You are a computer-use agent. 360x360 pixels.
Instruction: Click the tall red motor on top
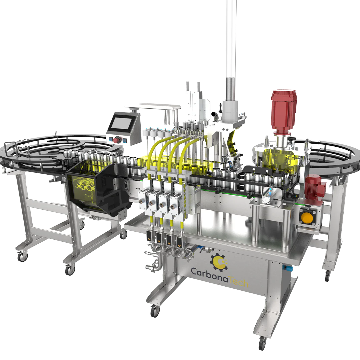tap(283, 112)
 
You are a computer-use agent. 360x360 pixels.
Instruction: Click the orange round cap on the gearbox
tap(307, 218)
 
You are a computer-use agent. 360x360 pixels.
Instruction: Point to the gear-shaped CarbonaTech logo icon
tap(219, 261)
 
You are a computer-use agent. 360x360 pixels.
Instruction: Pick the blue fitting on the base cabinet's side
tap(288, 268)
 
